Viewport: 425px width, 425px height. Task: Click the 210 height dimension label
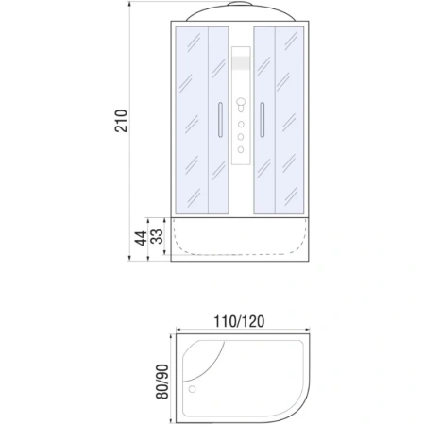click(x=121, y=120)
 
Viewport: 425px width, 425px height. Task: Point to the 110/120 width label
click(x=237, y=320)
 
